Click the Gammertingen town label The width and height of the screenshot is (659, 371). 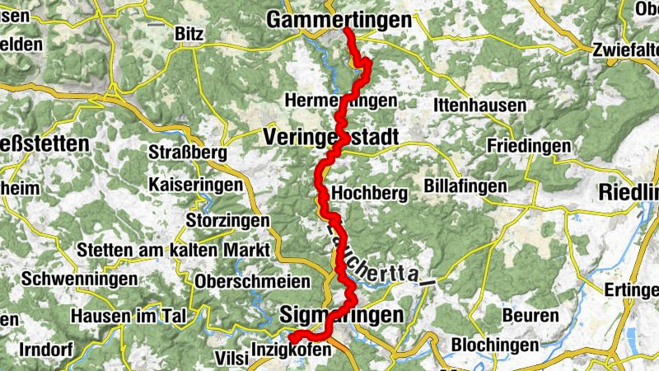coord(339,20)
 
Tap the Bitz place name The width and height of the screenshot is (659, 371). coord(189,33)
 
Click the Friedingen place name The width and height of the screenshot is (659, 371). coord(529,145)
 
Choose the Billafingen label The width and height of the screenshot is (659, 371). coord(466,185)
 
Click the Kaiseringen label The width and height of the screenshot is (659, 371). coord(196,185)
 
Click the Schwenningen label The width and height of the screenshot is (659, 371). coord(80,279)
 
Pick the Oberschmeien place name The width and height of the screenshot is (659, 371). coord(253,280)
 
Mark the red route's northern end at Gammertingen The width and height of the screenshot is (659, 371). coord(347,31)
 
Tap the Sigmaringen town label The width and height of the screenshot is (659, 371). coord(342,315)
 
